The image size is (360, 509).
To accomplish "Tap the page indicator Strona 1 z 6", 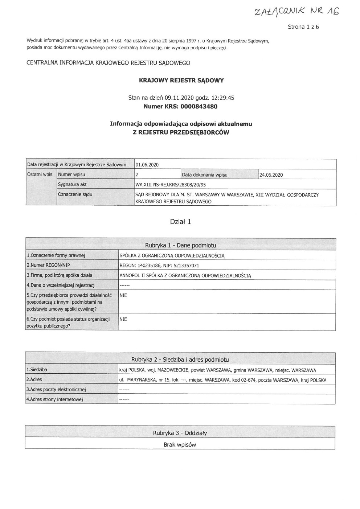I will (303, 27).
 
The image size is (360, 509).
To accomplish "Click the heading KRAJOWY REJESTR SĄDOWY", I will (181, 81).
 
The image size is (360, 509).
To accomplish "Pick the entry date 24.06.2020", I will (271, 175).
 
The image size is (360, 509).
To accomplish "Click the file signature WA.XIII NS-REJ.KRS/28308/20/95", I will (170, 184).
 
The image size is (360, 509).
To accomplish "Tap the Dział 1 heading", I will (180, 222).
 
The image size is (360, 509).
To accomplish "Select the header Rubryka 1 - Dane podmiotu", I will (180, 246).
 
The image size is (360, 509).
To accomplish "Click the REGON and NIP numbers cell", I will (159, 266).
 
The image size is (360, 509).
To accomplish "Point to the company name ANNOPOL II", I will (185, 275).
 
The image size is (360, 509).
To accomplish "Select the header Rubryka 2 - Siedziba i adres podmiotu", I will (180, 360).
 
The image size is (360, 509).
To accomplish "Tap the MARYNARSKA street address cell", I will (222, 380).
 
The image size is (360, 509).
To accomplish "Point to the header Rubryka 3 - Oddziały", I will (180, 433).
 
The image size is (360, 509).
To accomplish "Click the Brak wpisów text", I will (180, 444).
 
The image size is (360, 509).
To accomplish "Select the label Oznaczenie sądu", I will (75, 194).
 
